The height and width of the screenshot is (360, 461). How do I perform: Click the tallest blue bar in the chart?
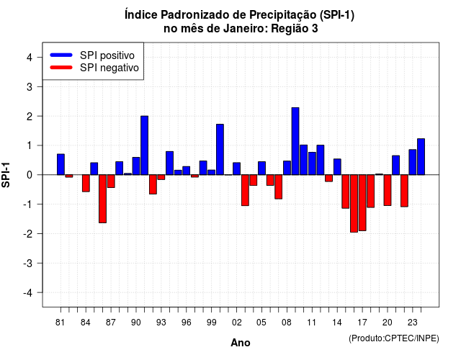click(295, 141)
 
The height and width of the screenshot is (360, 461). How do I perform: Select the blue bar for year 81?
click(61, 164)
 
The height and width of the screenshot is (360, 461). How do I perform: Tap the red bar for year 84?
click(86, 183)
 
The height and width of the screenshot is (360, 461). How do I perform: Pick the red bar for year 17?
click(362, 203)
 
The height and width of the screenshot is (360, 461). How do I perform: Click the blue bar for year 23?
click(413, 162)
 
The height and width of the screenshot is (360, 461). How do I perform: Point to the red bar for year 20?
click(388, 190)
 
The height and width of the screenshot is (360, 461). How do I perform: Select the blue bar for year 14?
click(337, 167)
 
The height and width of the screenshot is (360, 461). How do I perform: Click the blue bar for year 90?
click(136, 166)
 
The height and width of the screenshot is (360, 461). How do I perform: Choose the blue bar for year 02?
click(237, 168)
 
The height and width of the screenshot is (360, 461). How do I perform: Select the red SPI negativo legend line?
click(61, 68)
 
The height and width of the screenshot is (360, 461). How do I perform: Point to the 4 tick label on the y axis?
click(30, 58)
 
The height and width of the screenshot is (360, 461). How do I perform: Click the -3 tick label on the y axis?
click(27, 264)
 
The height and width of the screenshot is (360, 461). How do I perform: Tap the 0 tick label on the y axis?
click(30, 175)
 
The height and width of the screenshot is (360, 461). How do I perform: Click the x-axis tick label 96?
click(186, 323)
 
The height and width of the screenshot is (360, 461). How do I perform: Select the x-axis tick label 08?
click(287, 323)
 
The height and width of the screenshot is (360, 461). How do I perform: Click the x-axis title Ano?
click(241, 343)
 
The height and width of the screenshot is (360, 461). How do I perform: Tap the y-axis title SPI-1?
click(6, 175)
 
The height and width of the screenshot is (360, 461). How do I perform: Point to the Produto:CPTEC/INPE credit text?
click(394, 338)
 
